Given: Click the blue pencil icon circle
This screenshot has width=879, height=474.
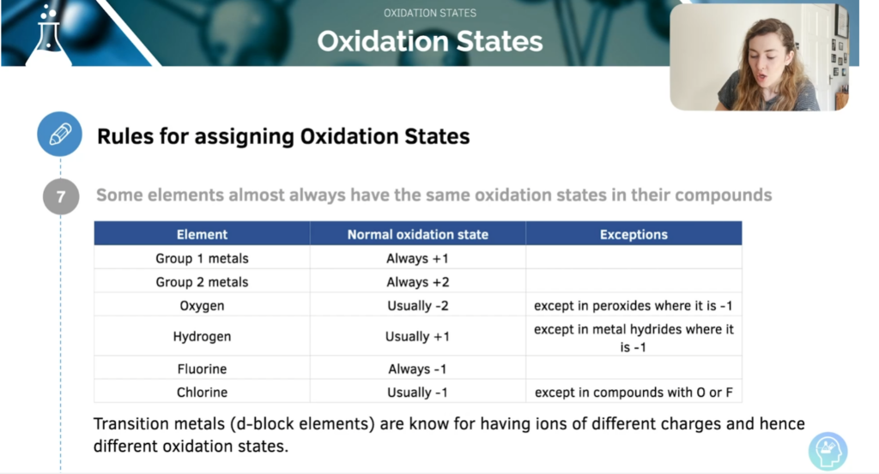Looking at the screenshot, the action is click(x=60, y=135).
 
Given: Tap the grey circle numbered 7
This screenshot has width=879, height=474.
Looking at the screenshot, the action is click(x=61, y=196).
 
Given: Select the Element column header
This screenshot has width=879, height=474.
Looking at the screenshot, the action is click(x=202, y=234).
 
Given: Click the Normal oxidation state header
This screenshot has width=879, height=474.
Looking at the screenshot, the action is click(x=418, y=234).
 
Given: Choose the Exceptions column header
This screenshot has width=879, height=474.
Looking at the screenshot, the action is click(x=633, y=234).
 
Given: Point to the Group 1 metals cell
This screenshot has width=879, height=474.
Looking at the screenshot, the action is click(x=202, y=258).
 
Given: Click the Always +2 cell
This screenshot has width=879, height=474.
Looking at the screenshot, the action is click(x=418, y=281).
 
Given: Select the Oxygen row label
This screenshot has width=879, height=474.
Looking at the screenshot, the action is click(x=202, y=305).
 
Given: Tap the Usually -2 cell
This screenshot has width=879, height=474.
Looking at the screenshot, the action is click(x=418, y=305).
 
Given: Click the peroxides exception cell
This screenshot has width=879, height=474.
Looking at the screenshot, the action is click(x=633, y=305).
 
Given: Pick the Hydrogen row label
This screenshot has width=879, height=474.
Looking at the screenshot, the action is click(x=202, y=336).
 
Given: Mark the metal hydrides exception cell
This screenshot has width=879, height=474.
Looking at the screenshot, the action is click(x=633, y=338).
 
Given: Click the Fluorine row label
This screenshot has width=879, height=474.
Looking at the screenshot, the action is click(x=202, y=369).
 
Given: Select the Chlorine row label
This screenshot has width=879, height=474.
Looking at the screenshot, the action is click(x=202, y=393).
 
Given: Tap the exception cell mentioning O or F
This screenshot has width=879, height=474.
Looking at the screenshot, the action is click(x=633, y=393).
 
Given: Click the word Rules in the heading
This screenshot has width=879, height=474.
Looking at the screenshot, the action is click(x=125, y=136).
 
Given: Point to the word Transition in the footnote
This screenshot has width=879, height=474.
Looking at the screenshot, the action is click(x=130, y=423).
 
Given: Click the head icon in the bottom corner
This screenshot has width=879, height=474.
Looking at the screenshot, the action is click(x=828, y=451).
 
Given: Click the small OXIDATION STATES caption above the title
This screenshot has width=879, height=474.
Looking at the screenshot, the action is click(x=430, y=13).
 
